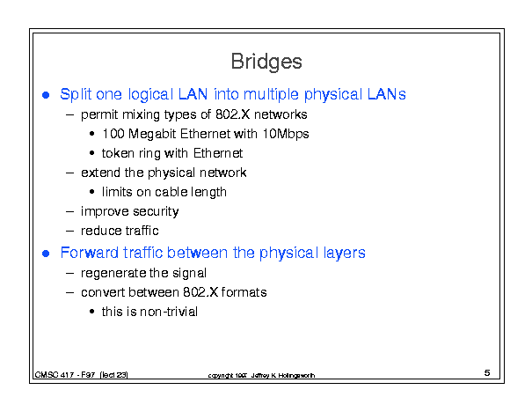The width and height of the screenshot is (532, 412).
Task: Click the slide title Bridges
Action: tap(266, 62)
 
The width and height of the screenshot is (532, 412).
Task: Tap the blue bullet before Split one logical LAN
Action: tap(46, 95)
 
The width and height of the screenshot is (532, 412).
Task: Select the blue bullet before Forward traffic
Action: tap(46, 254)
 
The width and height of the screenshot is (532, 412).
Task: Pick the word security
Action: tap(156, 212)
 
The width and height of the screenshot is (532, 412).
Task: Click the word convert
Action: tap(103, 292)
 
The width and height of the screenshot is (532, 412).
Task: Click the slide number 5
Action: tap(487, 373)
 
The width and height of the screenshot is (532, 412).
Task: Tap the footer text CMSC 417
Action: tap(55, 375)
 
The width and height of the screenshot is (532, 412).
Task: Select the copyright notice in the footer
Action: tap(261, 376)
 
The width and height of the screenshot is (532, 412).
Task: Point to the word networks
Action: tap(281, 114)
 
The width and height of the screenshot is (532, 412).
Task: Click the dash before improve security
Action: tap(69, 212)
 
